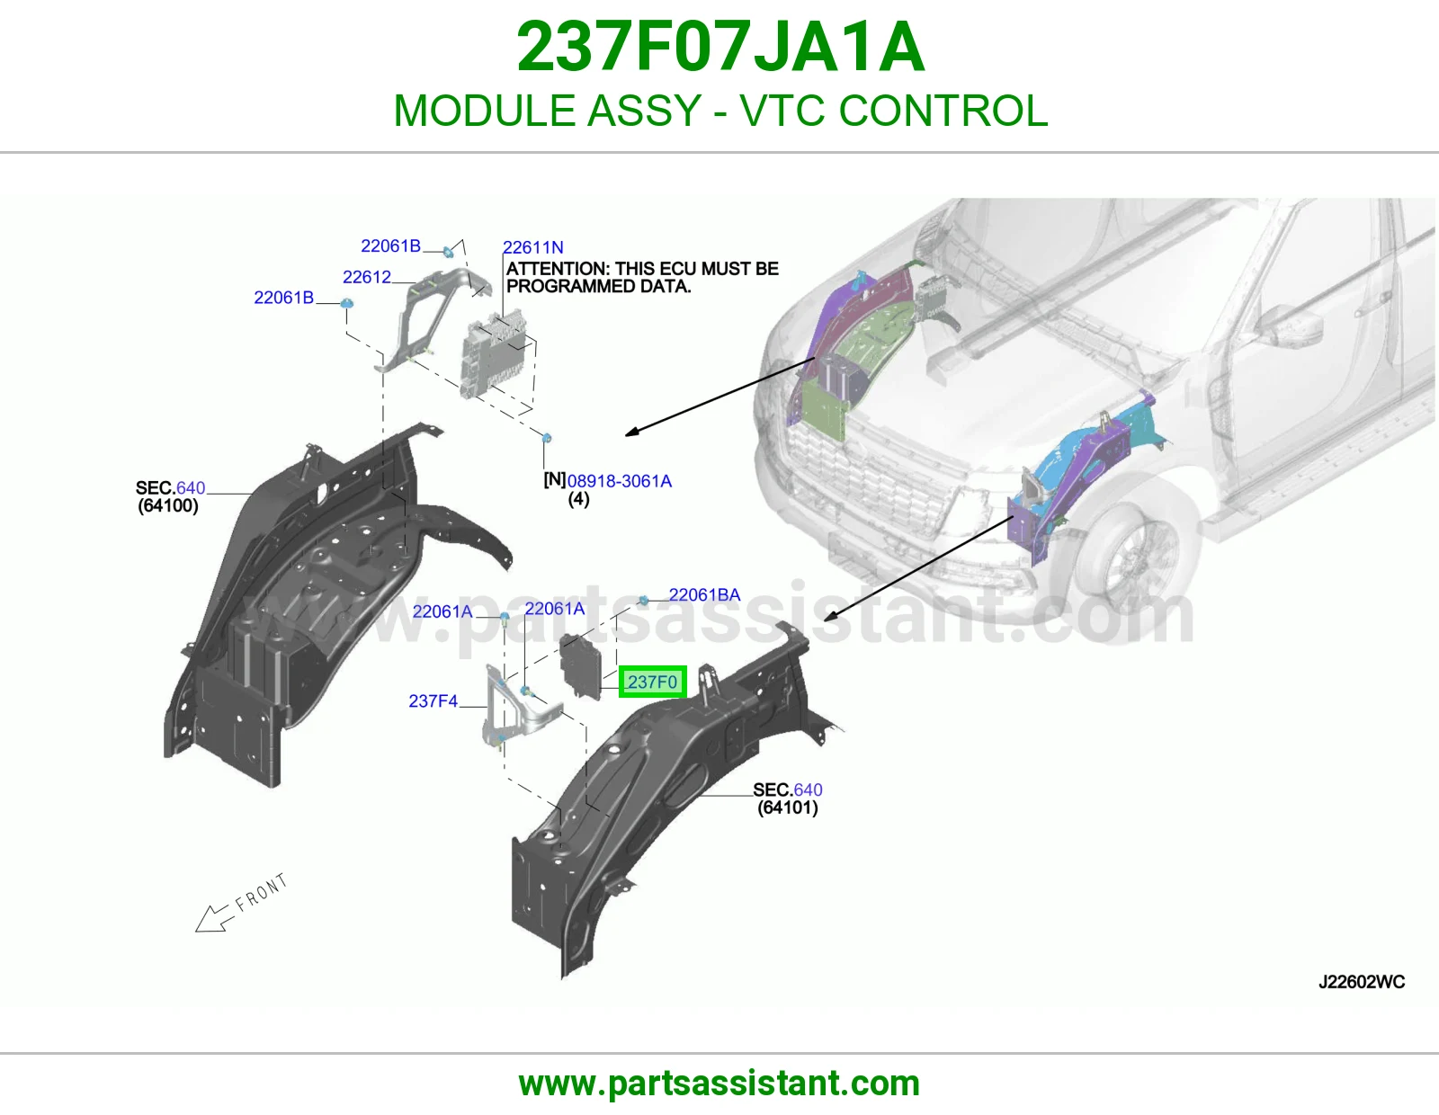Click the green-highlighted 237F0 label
[652, 682]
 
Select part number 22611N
[533, 247]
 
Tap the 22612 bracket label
[366, 277]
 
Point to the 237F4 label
[433, 700]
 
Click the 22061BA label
[704, 594]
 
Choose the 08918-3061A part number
[620, 481]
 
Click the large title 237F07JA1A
[720, 47]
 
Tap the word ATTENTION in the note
[557, 268]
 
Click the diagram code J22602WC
[1362, 982]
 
